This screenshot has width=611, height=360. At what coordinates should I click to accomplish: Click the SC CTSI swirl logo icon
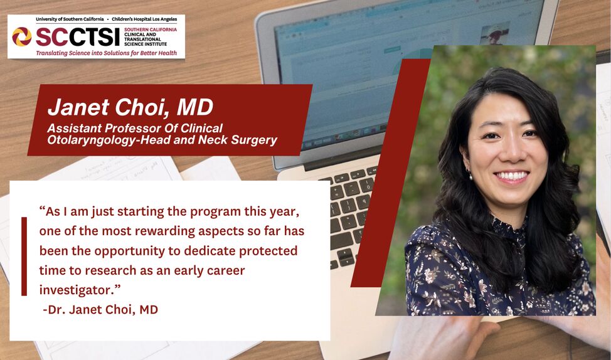[22, 36]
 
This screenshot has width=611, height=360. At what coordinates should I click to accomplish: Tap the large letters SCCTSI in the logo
[78, 37]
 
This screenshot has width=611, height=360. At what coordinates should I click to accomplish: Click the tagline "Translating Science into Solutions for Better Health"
[107, 53]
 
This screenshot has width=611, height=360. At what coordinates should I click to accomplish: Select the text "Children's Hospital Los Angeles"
[144, 19]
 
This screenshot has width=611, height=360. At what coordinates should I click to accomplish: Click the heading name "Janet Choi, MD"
[130, 107]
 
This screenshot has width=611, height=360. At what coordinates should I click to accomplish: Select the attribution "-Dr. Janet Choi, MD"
[100, 310]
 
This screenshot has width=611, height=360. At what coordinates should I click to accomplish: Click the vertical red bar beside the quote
[24, 257]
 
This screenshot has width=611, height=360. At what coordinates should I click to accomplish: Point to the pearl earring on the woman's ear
[470, 176]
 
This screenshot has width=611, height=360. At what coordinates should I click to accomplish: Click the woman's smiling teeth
[511, 176]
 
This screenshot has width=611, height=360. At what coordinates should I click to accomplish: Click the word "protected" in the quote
[268, 251]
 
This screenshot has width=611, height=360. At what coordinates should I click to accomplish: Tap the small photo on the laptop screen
[495, 33]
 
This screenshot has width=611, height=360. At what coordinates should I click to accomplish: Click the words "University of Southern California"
[70, 19]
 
